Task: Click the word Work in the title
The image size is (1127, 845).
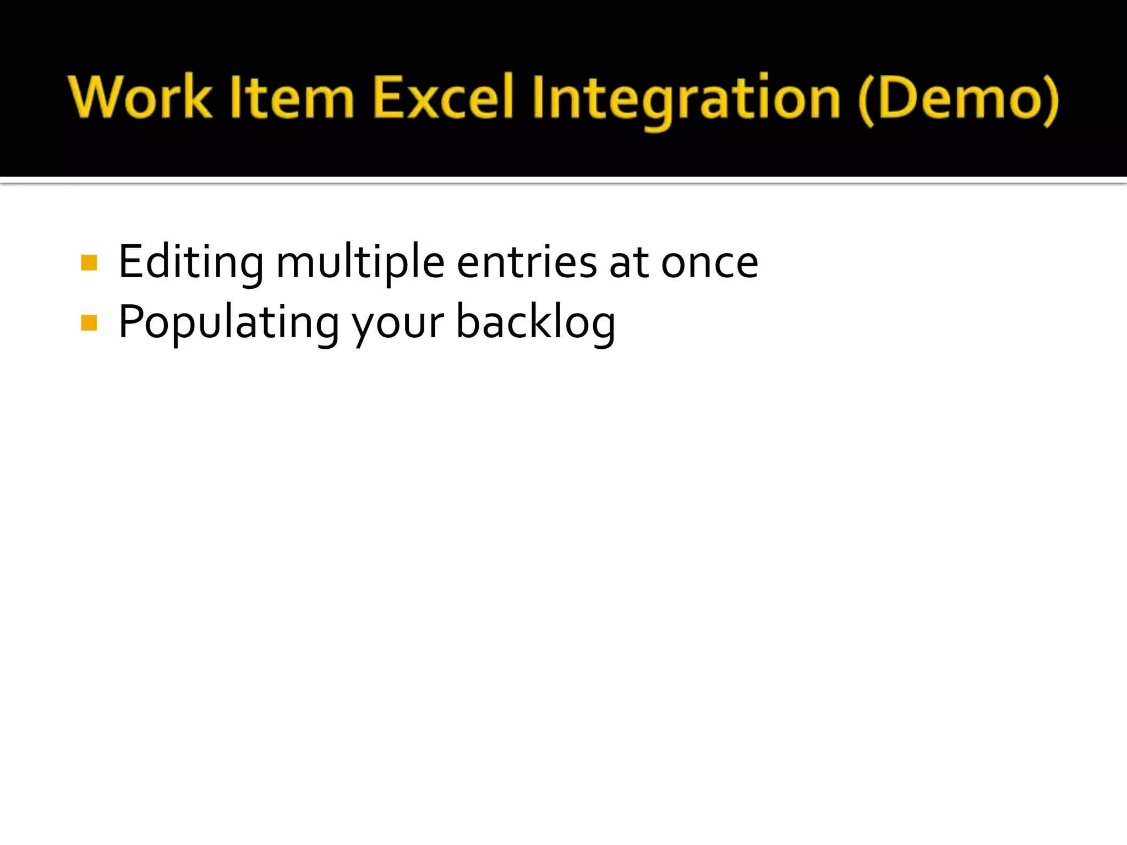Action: click(x=140, y=98)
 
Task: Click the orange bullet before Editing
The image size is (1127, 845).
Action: click(x=89, y=263)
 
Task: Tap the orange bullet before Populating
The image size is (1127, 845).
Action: click(x=89, y=323)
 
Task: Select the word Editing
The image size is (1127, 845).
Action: click(x=191, y=263)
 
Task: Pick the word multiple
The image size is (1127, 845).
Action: click(x=360, y=263)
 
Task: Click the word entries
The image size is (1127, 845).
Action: click(x=527, y=263)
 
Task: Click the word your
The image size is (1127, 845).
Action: click(x=398, y=325)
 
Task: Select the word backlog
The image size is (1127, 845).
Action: click(x=535, y=323)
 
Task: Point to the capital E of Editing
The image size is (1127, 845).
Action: click(x=130, y=263)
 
